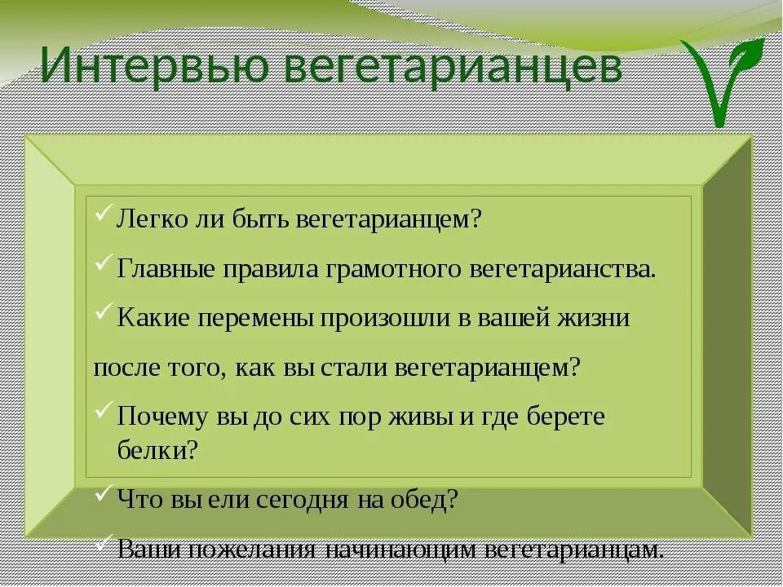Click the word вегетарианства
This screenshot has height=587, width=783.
(563, 269)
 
